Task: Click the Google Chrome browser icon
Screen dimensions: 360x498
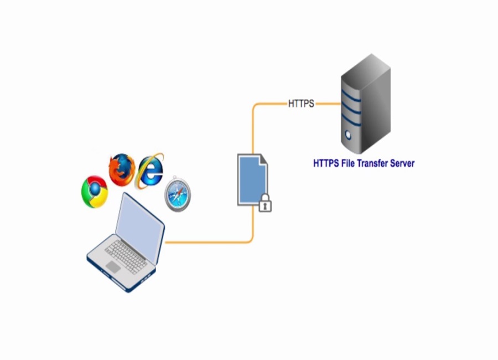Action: [95, 191]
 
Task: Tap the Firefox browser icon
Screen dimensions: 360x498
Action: [122, 169]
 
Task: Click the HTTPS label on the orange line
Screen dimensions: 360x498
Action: [301, 104]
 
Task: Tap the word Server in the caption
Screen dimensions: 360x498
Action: [400, 163]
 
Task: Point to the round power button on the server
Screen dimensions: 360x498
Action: [348, 134]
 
